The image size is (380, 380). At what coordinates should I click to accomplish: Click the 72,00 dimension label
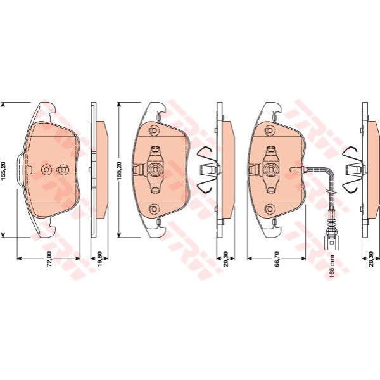(x=49, y=259)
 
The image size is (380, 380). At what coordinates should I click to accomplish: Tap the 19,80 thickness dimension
(x=100, y=259)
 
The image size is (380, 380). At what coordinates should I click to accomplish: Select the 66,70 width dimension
(x=277, y=259)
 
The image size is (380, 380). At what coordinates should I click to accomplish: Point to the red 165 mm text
(x=332, y=266)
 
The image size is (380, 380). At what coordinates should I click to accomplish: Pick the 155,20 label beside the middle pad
(x=120, y=170)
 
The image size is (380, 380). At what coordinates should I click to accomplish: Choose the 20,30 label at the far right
(x=371, y=259)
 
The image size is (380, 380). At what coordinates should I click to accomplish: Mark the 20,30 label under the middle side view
(x=225, y=259)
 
